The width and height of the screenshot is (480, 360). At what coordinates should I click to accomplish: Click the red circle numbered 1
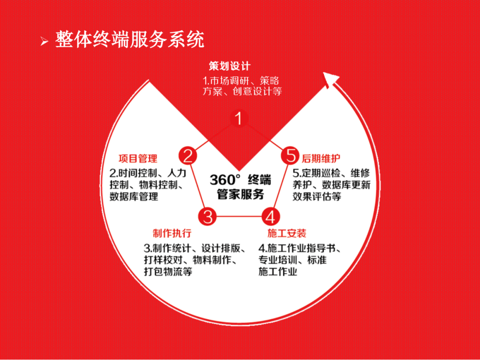239,119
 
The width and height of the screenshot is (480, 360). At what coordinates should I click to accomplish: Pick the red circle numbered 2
188,156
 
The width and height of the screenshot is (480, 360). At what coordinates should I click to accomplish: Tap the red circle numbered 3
208,217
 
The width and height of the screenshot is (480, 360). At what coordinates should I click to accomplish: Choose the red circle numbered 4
271,217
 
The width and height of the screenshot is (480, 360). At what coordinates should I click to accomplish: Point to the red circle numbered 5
291,156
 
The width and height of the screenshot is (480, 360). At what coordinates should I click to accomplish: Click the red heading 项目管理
138,159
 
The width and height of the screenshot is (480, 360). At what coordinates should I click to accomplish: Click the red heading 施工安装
287,234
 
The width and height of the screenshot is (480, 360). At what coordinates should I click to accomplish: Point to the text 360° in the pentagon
224,180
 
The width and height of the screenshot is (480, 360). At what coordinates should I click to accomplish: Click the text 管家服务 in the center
240,195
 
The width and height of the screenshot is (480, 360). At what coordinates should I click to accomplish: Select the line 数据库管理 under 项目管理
134,196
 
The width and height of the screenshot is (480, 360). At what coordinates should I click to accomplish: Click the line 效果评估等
317,196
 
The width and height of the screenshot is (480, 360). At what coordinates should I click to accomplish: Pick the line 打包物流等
168,272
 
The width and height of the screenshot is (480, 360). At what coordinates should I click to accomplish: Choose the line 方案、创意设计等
242,92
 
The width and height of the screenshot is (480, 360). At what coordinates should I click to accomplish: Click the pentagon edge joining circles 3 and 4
239,217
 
